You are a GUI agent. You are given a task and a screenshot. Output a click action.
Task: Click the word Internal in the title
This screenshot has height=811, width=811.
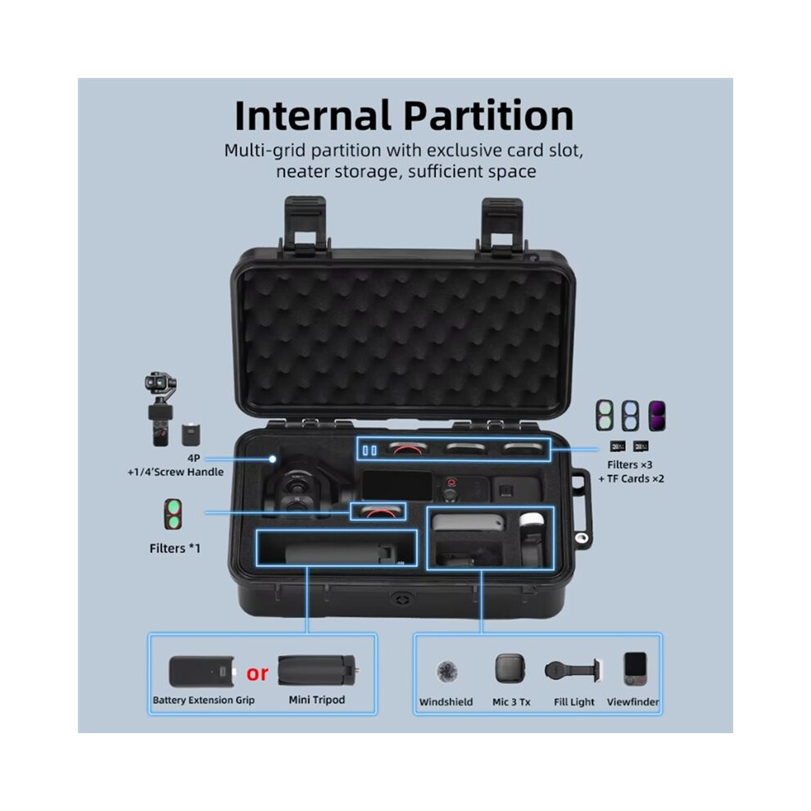[312, 116]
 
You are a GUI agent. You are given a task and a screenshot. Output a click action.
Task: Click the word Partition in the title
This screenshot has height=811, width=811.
[489, 116]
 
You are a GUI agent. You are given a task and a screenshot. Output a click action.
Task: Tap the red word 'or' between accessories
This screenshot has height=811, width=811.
[257, 673]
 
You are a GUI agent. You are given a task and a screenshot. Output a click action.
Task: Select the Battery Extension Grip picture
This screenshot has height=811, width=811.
[202, 672]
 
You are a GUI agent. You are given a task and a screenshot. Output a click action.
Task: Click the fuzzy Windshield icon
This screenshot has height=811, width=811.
[446, 672]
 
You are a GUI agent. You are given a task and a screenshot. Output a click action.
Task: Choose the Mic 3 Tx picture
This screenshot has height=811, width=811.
[510, 668]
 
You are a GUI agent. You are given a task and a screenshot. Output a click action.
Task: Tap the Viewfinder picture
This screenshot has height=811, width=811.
[635, 669]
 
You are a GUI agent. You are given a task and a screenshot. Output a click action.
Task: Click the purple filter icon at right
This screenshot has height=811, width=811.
[657, 415]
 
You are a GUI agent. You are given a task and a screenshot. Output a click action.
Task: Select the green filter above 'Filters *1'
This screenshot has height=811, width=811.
[173, 514]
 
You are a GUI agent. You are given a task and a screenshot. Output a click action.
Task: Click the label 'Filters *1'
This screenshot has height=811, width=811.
[174, 548]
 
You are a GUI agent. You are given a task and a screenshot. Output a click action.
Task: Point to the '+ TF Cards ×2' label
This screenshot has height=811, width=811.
[631, 479]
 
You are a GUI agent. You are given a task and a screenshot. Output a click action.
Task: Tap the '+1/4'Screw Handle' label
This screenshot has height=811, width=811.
[176, 472]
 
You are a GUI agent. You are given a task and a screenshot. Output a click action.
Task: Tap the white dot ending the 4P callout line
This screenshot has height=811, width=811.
[273, 459]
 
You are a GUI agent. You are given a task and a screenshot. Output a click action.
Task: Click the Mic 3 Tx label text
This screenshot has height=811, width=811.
[511, 702]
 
